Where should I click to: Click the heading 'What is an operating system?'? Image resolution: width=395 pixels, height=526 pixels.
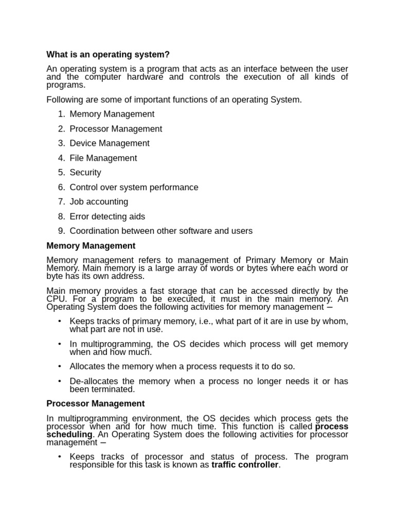[x=108, y=54]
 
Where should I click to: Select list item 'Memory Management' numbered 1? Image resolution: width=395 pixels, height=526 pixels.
[x=112, y=114]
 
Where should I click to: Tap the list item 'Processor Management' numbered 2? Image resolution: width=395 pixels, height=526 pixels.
[x=116, y=129]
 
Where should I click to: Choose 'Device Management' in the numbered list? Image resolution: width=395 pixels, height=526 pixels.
[x=110, y=143]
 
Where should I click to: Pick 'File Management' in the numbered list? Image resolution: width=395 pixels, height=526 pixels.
[x=103, y=158]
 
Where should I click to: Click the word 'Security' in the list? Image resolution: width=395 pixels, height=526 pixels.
[x=85, y=173]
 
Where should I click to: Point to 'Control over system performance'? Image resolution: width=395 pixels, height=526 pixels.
[x=134, y=187]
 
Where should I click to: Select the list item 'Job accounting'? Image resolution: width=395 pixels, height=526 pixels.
[x=99, y=202]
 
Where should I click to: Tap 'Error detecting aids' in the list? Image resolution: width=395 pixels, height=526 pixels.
[x=107, y=217]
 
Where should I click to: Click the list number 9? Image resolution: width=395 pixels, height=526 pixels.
[x=61, y=231]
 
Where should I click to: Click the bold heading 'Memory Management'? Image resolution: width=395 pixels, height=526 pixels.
[x=91, y=246]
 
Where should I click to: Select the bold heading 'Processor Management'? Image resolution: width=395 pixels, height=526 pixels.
[x=95, y=404]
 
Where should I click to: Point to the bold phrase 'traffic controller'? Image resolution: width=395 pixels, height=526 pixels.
[x=245, y=465]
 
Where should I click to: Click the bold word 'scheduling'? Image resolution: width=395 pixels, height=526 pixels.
[x=69, y=435]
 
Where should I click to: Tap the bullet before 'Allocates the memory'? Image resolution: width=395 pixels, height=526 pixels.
[x=60, y=366]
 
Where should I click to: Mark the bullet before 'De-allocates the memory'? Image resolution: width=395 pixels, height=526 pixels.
[x=60, y=381]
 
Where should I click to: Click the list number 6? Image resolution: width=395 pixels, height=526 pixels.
[x=61, y=187]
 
